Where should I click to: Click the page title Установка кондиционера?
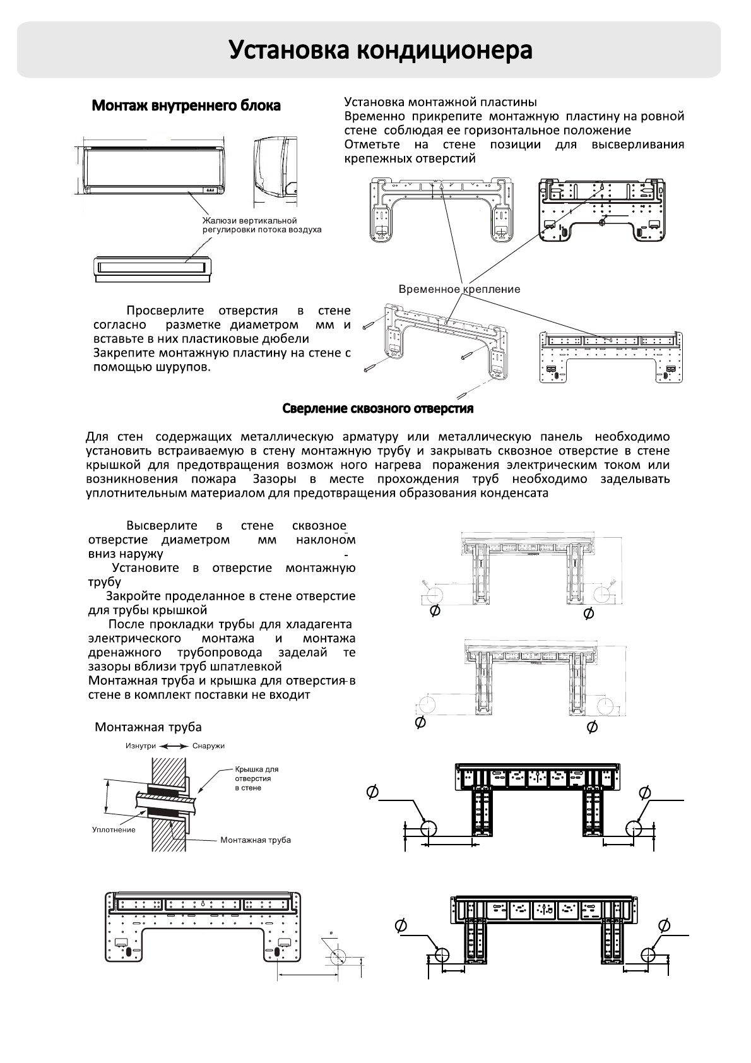click(380, 50)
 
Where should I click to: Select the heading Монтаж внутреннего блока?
click(186, 105)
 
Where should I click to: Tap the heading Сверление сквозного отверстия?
click(377, 408)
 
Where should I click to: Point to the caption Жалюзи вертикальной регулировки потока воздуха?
click(261, 225)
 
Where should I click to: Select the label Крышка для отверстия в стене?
click(256, 778)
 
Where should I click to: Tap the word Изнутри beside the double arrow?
click(140, 745)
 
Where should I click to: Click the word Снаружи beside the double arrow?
click(208, 745)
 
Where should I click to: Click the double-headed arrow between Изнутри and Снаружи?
click(174, 745)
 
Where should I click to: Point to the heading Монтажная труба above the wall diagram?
click(148, 727)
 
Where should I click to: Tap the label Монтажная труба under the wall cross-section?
click(255, 840)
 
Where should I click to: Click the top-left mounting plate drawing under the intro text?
click(441, 210)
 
